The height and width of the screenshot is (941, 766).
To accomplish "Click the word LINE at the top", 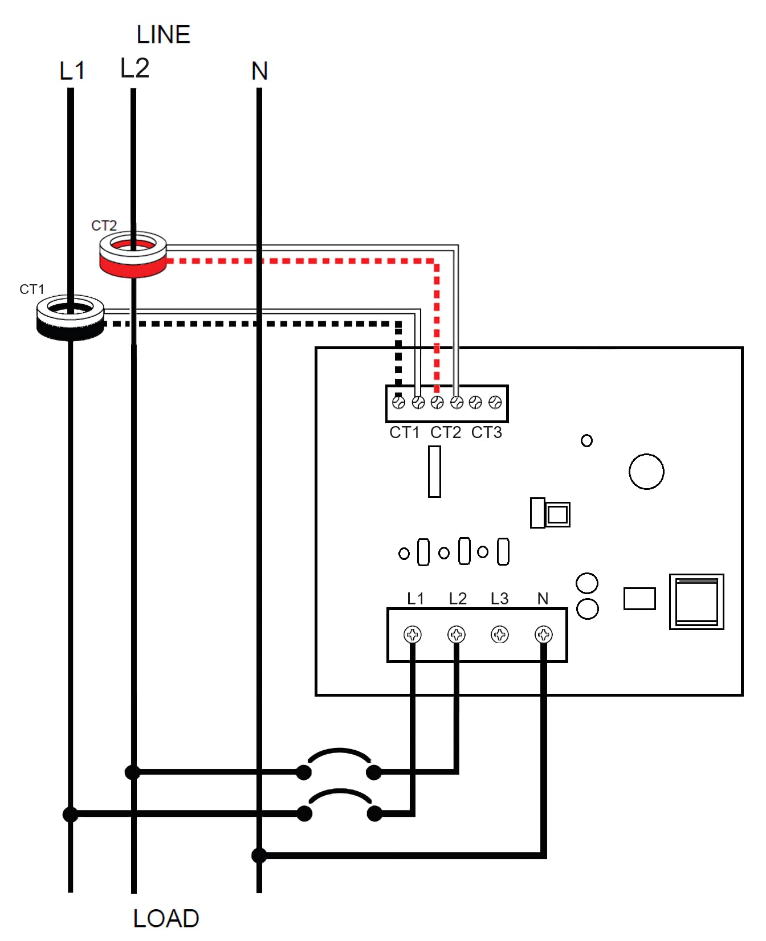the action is click(163, 35).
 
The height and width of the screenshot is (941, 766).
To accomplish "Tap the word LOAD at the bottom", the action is click(166, 918).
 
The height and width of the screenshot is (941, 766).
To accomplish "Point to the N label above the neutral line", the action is click(259, 71).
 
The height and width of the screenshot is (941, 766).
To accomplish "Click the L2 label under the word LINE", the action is click(135, 68).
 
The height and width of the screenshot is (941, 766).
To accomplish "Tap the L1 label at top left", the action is click(72, 71).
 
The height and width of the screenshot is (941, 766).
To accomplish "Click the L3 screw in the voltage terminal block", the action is click(500, 634).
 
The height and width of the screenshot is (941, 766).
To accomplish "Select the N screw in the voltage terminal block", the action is click(544, 634).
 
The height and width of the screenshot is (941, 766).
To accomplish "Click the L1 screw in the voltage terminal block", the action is click(413, 634).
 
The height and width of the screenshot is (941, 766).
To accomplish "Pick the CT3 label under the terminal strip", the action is click(487, 432).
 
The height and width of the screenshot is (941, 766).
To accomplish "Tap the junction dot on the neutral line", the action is click(259, 855).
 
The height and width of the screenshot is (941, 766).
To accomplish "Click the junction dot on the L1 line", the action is click(70, 815).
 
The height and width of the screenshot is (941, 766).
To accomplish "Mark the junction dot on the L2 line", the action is click(132, 772).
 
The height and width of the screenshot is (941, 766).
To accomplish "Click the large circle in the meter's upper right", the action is click(646, 472).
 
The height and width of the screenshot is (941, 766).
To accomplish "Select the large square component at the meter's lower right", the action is click(696, 602).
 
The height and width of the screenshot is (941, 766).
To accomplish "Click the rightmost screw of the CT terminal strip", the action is click(495, 403).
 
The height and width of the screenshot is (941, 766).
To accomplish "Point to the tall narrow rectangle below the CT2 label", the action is click(434, 472).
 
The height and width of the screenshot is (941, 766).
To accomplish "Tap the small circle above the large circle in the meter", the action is click(586, 440).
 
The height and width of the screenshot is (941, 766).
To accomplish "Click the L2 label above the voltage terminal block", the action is click(458, 599).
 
